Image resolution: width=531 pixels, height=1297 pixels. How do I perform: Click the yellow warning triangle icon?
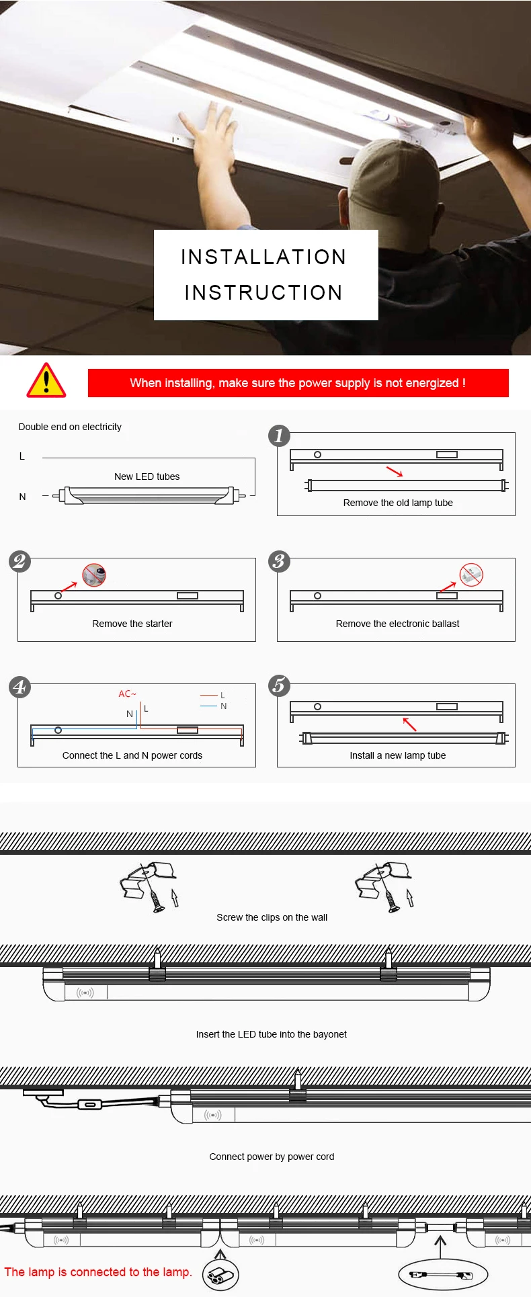pyautogui.click(x=46, y=381)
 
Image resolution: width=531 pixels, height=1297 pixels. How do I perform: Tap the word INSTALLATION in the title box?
pyautogui.click(x=263, y=257)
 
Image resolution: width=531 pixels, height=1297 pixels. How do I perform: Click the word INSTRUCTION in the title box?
pyautogui.click(x=263, y=292)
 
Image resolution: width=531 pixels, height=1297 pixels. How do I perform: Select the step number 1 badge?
pyautogui.click(x=279, y=436)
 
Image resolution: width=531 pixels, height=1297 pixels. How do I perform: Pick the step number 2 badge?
pyautogui.click(x=19, y=561)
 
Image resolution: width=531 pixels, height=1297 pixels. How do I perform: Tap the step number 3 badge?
pyautogui.click(x=279, y=561)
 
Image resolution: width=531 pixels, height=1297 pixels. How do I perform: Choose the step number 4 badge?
pyautogui.click(x=19, y=687)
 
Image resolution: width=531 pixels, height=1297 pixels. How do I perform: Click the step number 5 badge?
pyautogui.click(x=279, y=686)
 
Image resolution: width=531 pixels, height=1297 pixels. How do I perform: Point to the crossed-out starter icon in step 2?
pyautogui.click(x=94, y=575)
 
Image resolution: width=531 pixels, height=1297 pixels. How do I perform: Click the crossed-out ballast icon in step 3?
pyautogui.click(x=471, y=575)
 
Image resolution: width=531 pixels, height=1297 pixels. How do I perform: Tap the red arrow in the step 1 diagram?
pyautogui.click(x=395, y=471)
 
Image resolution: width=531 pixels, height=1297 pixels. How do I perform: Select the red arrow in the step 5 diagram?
pyautogui.click(x=409, y=724)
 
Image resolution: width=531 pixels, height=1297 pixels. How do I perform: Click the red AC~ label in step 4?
pyautogui.click(x=127, y=694)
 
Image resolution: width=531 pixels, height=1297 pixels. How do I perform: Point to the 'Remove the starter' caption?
pyautogui.click(x=132, y=624)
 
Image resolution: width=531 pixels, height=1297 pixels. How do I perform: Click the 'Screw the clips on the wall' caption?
pyautogui.click(x=272, y=917)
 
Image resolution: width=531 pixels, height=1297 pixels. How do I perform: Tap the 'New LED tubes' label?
pyautogui.click(x=147, y=476)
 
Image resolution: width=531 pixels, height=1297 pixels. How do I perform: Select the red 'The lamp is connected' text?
pyautogui.click(x=98, y=1272)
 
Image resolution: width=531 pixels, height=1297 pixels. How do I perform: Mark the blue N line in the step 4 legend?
pyautogui.click(x=208, y=706)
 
